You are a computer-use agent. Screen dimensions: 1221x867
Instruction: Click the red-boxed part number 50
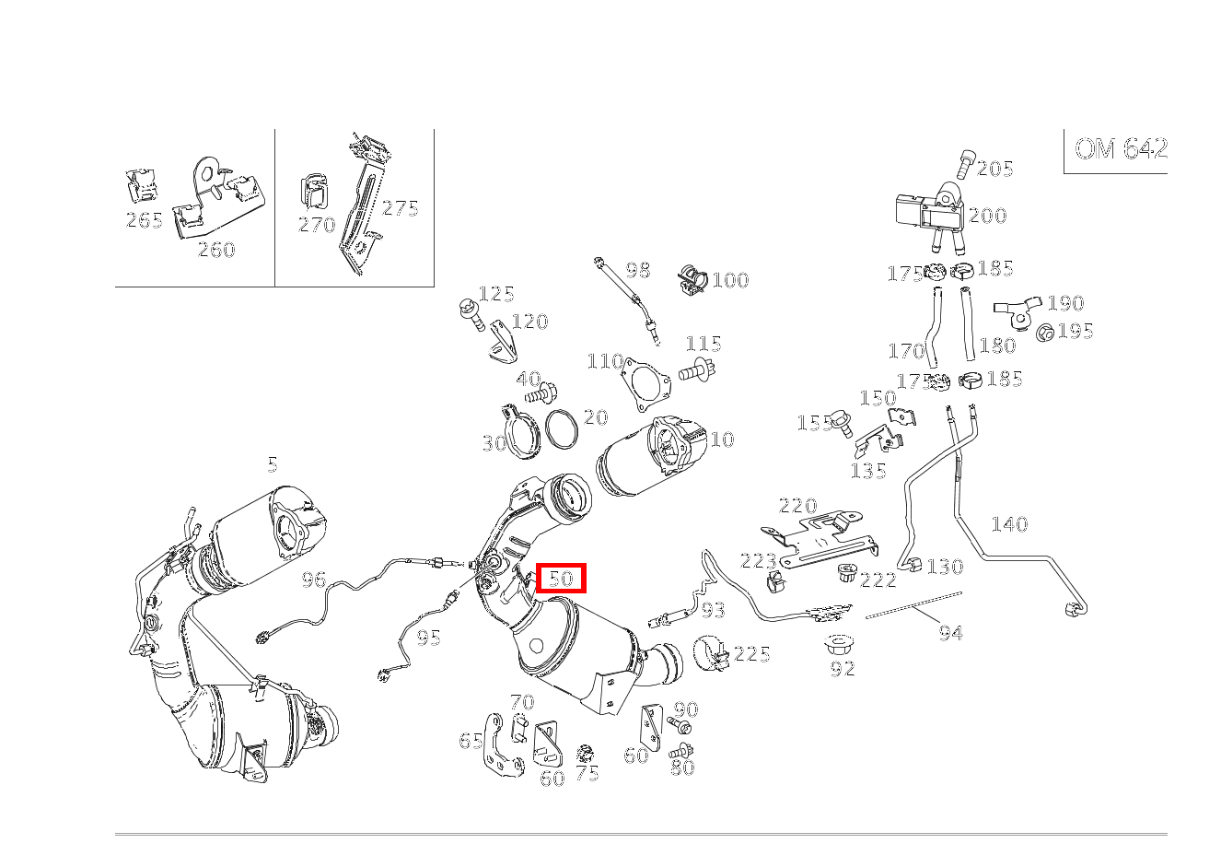tap(561, 578)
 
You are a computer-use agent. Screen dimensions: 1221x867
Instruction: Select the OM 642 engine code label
tap(1121, 149)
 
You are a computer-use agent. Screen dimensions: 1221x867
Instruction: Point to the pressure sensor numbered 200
tap(930, 216)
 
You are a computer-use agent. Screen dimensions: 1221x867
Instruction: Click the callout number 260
tap(216, 250)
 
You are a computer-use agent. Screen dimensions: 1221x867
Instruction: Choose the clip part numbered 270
tap(314, 192)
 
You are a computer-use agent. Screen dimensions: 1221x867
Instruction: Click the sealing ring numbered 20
tap(562, 428)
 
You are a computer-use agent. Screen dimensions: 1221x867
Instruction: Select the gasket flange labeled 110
tap(645, 383)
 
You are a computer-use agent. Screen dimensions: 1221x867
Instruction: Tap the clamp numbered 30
tap(519, 432)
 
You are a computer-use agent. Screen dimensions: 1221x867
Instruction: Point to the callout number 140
tap(1009, 524)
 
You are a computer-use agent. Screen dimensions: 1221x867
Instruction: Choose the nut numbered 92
tap(840, 646)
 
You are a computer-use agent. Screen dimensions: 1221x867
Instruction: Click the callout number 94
tap(950, 633)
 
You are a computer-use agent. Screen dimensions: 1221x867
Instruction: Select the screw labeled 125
tap(471, 314)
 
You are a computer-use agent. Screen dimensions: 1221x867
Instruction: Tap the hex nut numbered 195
tap(1045, 332)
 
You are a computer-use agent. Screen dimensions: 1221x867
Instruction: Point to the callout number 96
tap(314, 580)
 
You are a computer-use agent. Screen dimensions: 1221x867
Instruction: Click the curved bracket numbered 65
tap(499, 744)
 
